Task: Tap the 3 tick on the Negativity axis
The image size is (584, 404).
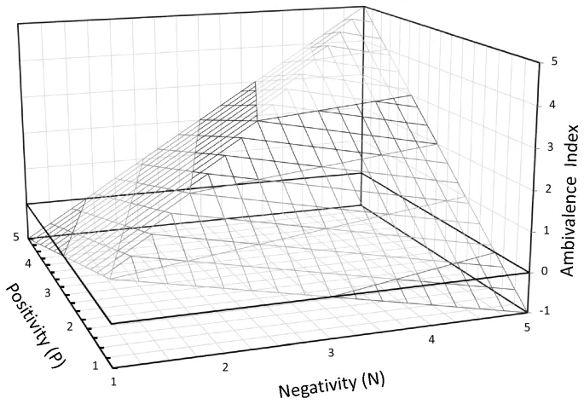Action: pyautogui.click(x=332, y=351)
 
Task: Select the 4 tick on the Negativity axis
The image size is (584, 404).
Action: pyautogui.click(x=434, y=338)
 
